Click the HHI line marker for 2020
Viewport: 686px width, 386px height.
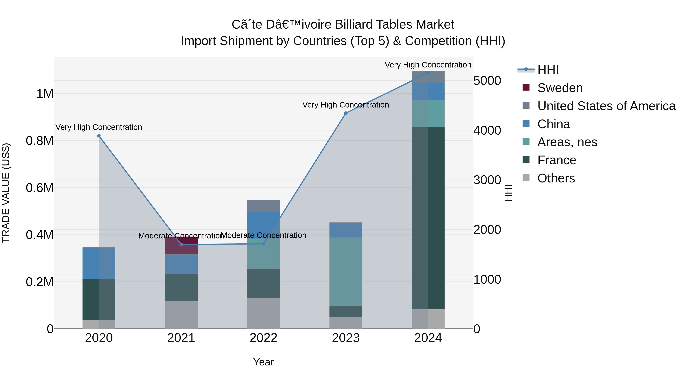[x=99, y=136]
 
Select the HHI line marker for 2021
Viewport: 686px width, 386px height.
[x=181, y=244]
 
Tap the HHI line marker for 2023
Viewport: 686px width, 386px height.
[x=346, y=113]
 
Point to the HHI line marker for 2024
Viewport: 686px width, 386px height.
[x=428, y=73]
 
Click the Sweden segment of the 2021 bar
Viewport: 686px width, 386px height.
[x=181, y=245]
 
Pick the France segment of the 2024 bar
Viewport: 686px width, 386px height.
[x=428, y=218]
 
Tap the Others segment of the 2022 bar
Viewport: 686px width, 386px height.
[x=263, y=313]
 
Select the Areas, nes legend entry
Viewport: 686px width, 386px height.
[x=567, y=142]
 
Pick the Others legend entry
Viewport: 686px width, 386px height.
[x=556, y=178]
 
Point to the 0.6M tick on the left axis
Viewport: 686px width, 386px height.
[x=40, y=188]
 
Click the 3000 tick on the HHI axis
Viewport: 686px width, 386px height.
[x=487, y=180]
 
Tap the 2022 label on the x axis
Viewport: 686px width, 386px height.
[x=263, y=338]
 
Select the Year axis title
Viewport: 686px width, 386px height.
[x=263, y=362]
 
